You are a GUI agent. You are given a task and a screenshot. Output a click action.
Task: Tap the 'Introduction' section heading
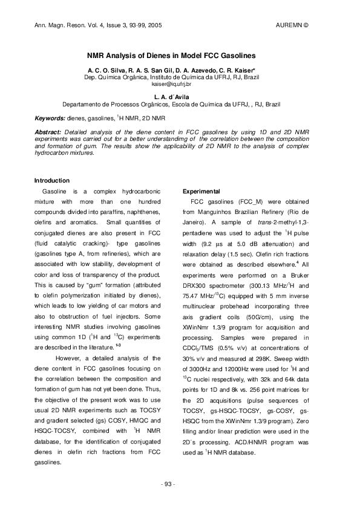pos(52,180)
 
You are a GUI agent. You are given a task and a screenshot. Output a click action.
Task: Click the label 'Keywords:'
pos(50,118)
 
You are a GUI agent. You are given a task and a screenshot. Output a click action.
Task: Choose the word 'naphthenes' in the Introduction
pos(143,214)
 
